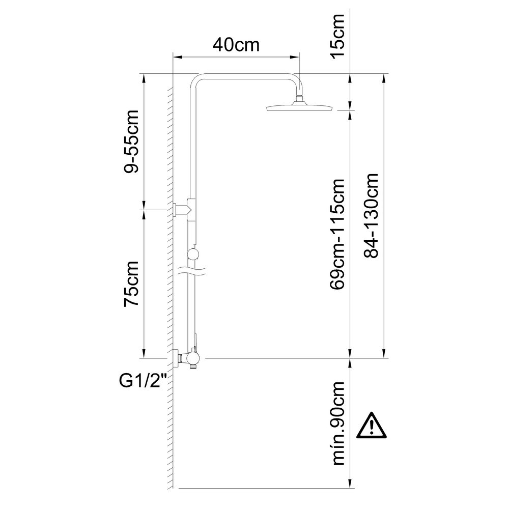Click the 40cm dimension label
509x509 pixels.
236,45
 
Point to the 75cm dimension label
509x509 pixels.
131,284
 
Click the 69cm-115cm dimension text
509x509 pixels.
337,234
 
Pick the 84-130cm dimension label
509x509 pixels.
371,215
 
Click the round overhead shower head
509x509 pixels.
299,106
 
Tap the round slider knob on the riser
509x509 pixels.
194,254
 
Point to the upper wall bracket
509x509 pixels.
183,208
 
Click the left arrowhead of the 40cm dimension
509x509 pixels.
177,58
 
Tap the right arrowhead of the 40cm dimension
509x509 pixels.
295,58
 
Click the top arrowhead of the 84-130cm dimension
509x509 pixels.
384,78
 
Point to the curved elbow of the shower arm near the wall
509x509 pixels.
196,80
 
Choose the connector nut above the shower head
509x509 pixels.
299,98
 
